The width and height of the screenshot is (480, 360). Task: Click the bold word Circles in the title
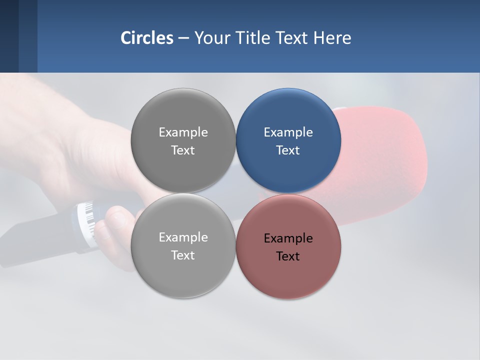[x=146, y=38]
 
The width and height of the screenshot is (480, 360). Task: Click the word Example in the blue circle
[x=288, y=132]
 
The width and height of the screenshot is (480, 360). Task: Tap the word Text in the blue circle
[x=288, y=150]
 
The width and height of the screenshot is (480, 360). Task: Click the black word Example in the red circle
[x=288, y=238]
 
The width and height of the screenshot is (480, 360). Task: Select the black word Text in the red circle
[x=288, y=256]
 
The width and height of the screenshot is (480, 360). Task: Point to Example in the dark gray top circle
[x=183, y=132]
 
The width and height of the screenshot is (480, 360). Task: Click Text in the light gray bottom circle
[x=183, y=255]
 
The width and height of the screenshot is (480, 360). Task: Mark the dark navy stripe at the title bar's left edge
[x=9, y=36]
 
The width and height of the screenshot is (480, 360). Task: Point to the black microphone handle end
[x=30, y=240]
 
